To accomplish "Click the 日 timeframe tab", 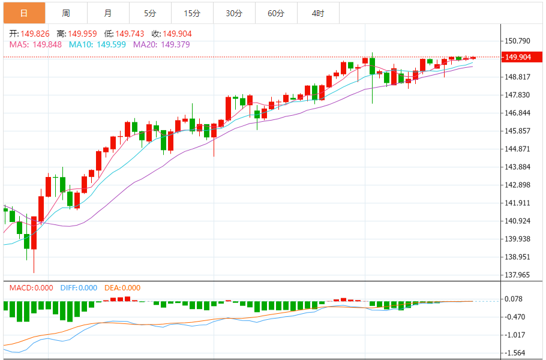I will tap(24, 13).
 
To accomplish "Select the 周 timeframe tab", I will tap(66, 13).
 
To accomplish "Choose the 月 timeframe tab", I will tap(107, 13).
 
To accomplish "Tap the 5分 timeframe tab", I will tap(150, 13).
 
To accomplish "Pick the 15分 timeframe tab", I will tap(192, 13).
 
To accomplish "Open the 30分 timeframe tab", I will tap(234, 13).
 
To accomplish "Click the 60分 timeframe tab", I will tap(276, 13).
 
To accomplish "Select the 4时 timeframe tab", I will tap(318, 13).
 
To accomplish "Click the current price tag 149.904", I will tap(518, 57).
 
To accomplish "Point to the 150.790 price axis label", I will tap(518, 41).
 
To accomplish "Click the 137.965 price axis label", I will tap(518, 275).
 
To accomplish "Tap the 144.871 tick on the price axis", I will tap(518, 149).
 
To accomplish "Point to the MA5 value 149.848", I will tap(47, 44).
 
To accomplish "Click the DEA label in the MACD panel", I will tap(112, 288).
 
